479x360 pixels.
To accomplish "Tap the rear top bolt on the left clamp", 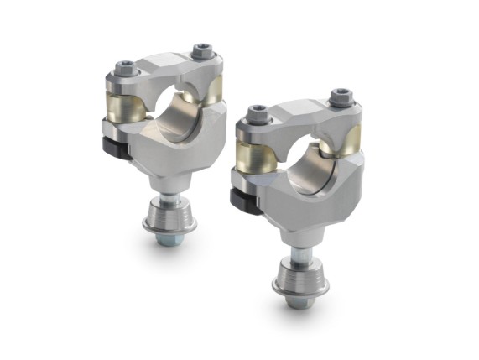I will tap(201, 52).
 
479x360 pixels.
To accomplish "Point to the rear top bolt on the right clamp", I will tap(339, 96).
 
